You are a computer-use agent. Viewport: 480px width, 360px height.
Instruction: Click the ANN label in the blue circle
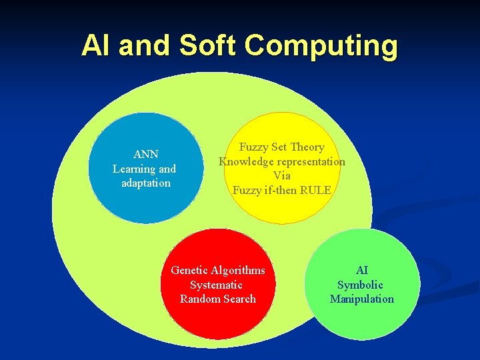point(145,154)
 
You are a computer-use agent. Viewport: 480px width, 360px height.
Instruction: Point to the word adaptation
point(146,183)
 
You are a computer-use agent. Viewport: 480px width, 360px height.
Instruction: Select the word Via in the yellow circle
point(282,175)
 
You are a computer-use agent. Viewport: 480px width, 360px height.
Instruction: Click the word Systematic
point(216,285)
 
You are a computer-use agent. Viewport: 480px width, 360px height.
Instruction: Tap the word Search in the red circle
point(239,299)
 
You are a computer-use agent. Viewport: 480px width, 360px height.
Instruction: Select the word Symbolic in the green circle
point(360,285)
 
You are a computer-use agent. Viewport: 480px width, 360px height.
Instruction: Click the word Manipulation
point(361,299)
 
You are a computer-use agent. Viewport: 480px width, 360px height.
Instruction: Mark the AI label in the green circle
point(362,270)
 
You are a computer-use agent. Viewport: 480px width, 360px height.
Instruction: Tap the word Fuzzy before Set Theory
point(253,147)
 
